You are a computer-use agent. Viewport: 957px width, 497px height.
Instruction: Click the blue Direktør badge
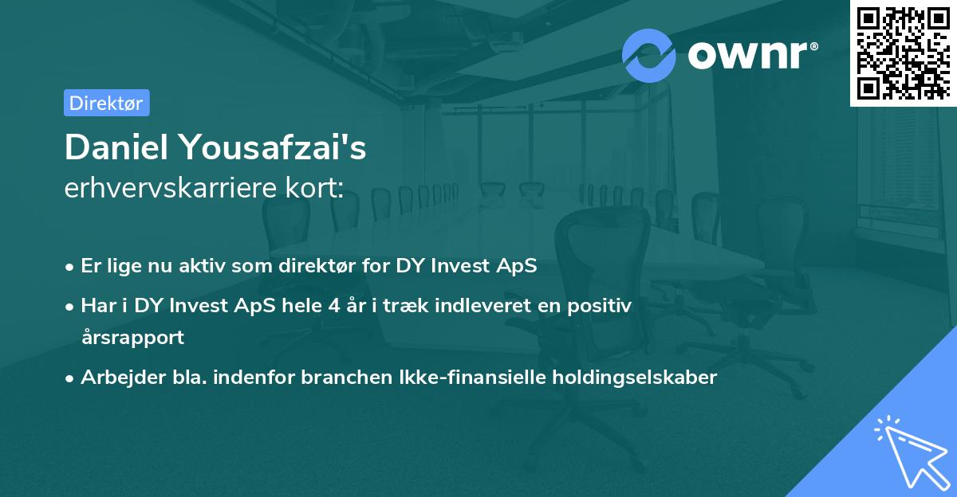(x=106, y=103)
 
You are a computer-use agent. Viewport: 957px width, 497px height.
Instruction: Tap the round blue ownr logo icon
(x=649, y=55)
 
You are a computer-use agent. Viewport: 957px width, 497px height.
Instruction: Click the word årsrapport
(x=132, y=337)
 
